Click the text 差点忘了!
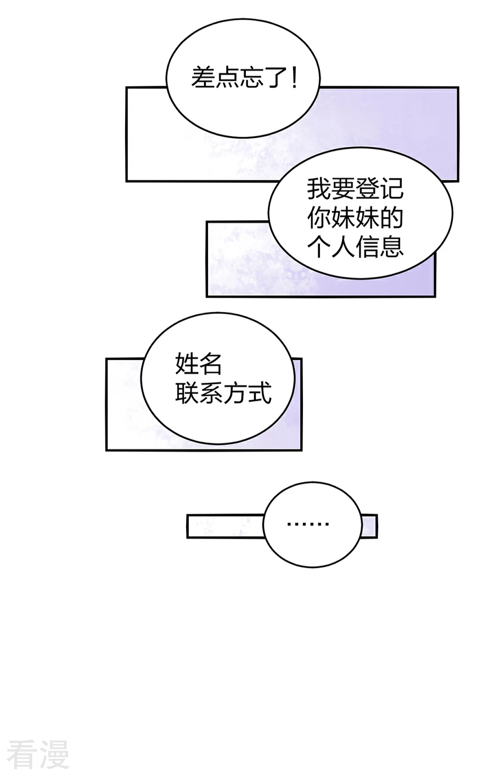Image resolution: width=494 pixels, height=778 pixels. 244,77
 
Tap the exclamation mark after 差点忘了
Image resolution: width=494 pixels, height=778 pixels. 294,77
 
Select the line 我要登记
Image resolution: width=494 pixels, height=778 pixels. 355,189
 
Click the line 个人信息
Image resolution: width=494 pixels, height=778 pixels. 355,247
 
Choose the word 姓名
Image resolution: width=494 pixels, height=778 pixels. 199,363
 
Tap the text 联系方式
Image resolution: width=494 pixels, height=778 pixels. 223,393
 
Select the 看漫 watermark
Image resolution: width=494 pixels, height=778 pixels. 38,752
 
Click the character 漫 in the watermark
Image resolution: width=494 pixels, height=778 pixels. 54,752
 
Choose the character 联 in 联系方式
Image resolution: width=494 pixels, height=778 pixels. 187,393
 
